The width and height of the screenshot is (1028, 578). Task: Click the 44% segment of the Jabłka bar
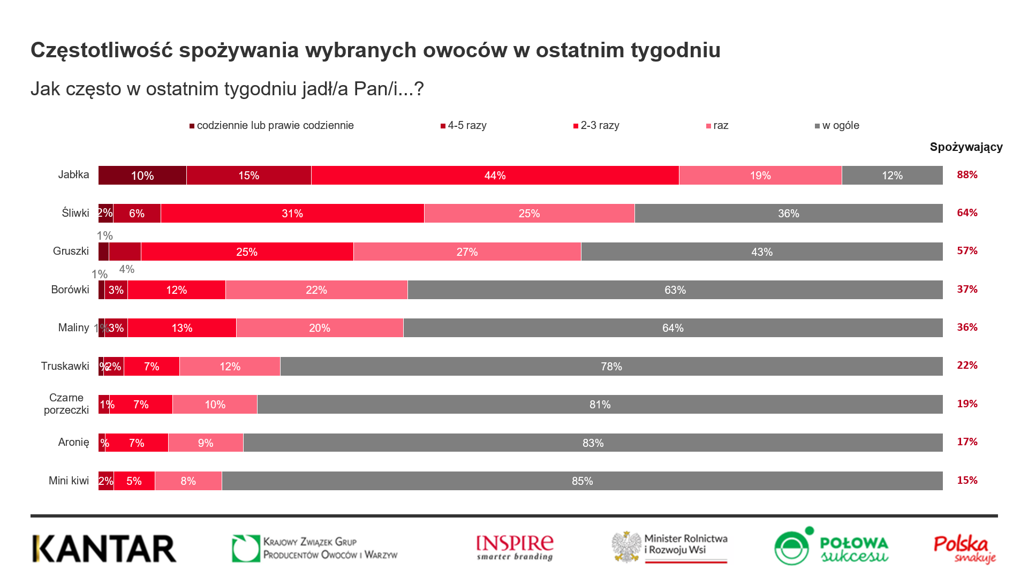495,176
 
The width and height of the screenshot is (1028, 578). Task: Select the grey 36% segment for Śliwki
788,214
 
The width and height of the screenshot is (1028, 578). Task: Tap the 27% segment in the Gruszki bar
467,252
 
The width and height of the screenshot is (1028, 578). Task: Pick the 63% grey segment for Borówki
675,290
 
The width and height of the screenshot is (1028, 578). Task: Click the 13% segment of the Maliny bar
182,328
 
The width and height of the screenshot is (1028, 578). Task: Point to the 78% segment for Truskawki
611,367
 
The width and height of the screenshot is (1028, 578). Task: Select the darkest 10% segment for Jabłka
142,176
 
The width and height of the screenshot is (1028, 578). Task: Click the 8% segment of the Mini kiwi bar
188,481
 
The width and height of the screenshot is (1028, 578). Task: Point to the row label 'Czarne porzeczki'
66,404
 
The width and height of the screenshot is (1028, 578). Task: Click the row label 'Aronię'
73,443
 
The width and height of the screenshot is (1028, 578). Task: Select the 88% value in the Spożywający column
967,175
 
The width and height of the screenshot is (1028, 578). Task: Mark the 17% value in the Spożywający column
967,442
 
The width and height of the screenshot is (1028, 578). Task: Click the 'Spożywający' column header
966,147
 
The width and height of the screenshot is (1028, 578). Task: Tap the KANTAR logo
104,549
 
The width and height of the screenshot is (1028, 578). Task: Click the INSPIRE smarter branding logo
515,547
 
